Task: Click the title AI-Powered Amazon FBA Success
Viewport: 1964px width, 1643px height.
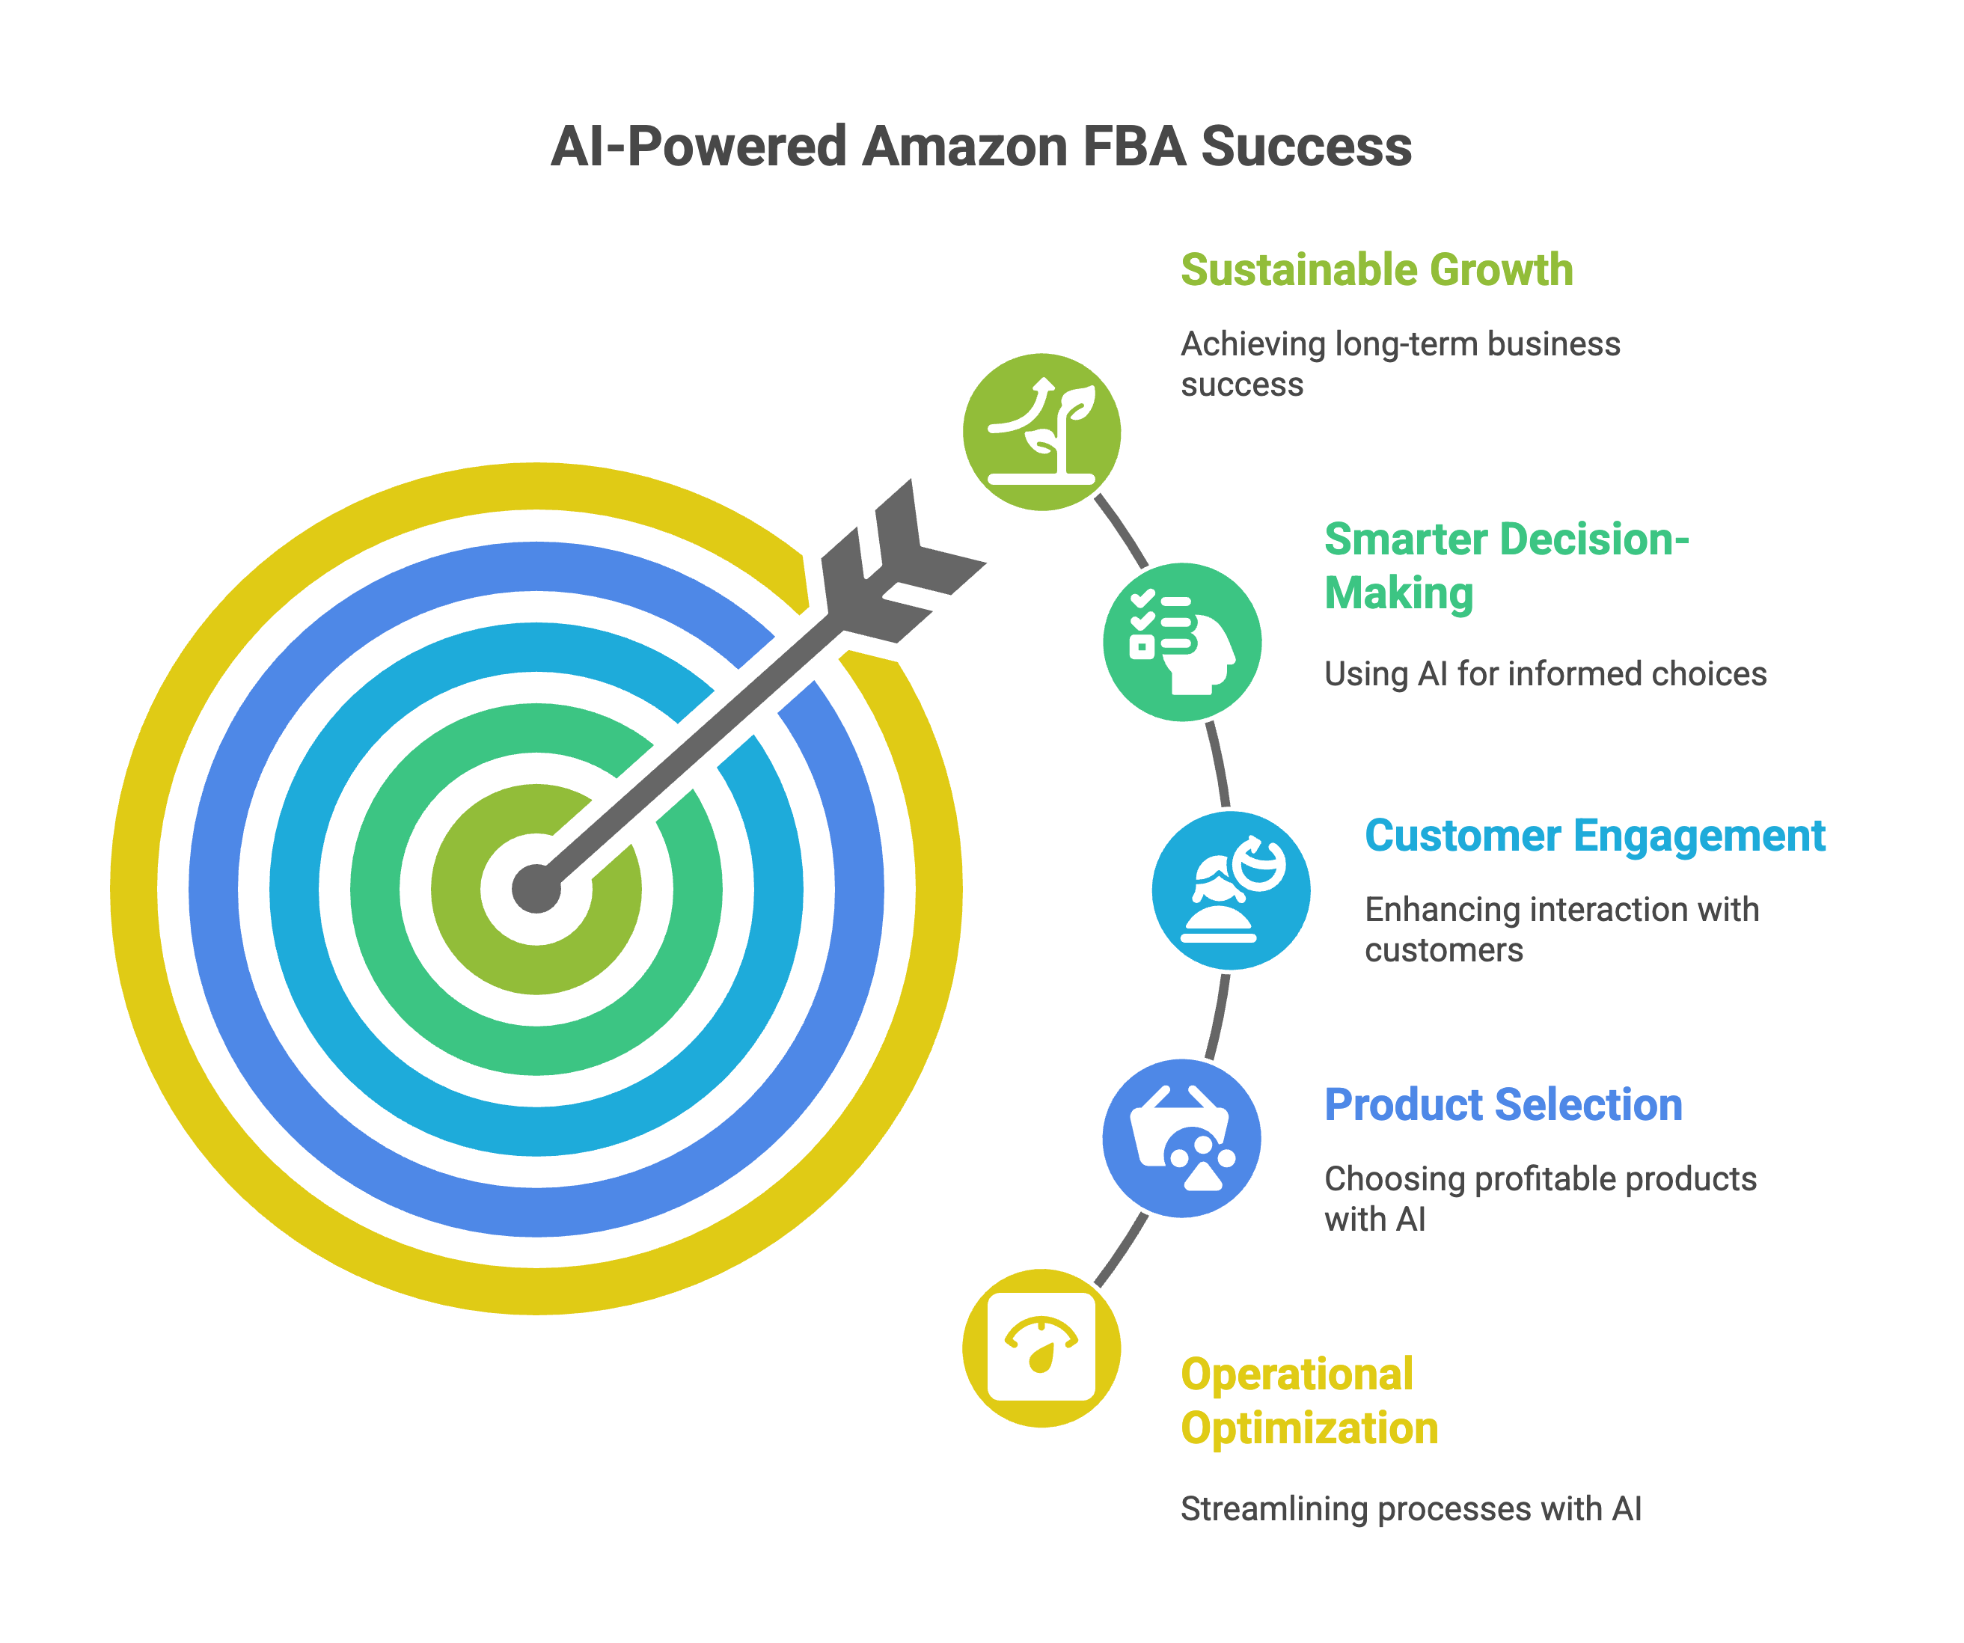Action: (981, 147)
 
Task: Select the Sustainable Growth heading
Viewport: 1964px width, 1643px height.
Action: (1377, 270)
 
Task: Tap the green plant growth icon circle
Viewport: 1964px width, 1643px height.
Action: (1041, 432)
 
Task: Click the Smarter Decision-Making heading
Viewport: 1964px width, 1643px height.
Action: (1505, 566)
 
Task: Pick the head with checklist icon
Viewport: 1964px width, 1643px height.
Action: (1182, 643)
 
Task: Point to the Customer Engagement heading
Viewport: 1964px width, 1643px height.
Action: (1594, 836)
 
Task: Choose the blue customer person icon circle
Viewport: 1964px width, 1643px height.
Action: (1231, 890)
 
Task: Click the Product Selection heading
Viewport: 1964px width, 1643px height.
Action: (1503, 1105)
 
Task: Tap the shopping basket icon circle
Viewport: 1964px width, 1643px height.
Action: (1182, 1138)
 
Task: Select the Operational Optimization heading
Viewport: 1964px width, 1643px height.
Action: (1309, 1401)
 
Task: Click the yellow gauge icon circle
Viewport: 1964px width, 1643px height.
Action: (1041, 1347)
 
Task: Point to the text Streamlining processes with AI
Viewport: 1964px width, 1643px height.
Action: (1410, 1508)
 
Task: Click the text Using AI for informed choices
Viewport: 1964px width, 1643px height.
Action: (1545, 674)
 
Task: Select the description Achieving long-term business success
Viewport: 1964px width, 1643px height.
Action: (1400, 364)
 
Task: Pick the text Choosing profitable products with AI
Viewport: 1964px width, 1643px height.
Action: (1541, 1199)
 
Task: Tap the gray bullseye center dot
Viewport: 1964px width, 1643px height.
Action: (536, 888)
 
